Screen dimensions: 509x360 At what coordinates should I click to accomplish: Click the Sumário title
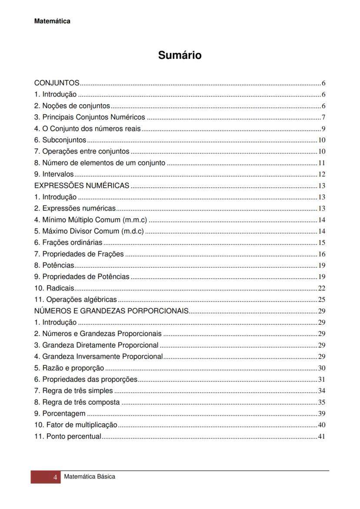point(180,55)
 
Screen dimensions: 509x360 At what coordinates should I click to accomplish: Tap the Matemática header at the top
point(52,21)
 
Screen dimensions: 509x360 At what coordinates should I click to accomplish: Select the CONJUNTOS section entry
point(57,83)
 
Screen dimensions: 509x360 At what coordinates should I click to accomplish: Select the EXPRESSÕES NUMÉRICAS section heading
point(82,186)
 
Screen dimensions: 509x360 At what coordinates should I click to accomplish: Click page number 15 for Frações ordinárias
point(322,243)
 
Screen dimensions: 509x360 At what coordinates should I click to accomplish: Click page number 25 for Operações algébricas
point(322,299)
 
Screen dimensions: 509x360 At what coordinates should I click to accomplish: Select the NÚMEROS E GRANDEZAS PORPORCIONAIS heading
point(111,311)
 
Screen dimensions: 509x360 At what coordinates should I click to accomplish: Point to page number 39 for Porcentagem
point(322,414)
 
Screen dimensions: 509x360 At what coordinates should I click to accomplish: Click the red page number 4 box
point(46,477)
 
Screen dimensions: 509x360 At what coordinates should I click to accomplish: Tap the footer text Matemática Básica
point(90,477)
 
